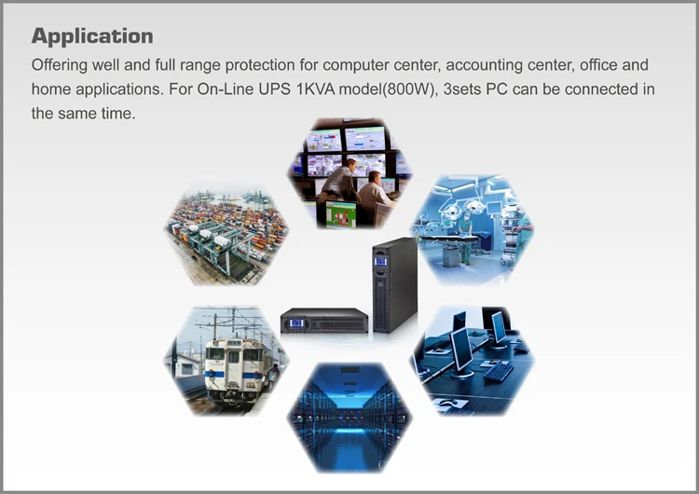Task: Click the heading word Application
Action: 92,36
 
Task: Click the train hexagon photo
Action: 226,359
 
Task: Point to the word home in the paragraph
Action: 49,90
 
